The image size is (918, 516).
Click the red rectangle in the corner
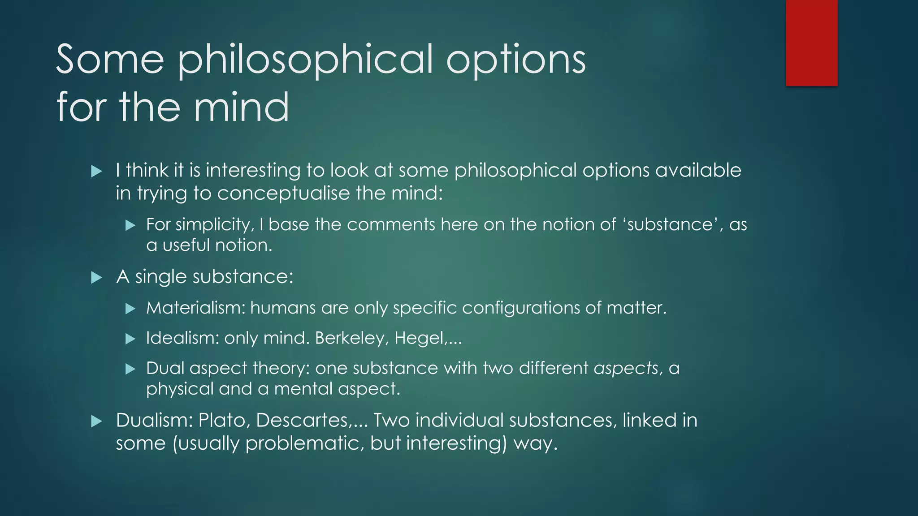(x=811, y=43)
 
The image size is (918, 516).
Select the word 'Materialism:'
(x=195, y=308)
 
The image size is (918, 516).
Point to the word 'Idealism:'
(x=182, y=338)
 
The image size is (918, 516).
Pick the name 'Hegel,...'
(x=428, y=338)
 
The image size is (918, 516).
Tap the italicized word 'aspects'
(x=626, y=368)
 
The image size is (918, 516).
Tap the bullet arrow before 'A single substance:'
(x=96, y=278)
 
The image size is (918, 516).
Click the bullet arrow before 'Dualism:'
(x=96, y=421)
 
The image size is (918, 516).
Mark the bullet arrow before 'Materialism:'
(x=130, y=309)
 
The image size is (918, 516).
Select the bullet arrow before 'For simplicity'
(x=130, y=225)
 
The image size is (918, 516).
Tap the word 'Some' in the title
(x=110, y=60)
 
